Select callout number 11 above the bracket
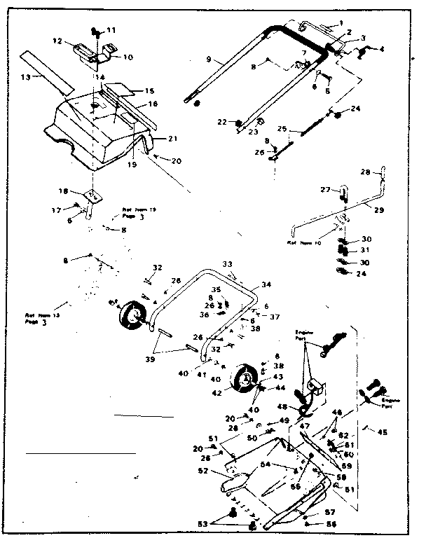pos(111,31)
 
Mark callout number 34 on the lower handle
pos(265,286)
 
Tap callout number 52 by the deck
pos(203,471)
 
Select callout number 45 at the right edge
pos(382,431)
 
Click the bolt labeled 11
pos(95,31)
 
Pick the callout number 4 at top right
pos(383,48)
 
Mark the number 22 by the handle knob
pos(222,122)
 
